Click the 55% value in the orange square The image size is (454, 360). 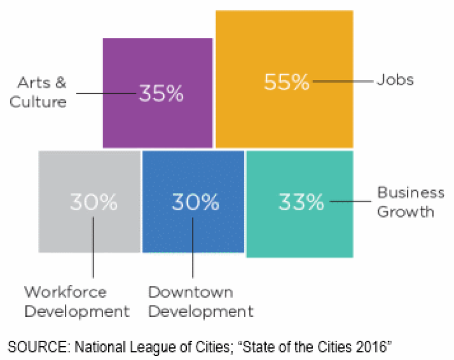coord(286,83)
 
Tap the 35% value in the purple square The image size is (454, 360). coord(162,94)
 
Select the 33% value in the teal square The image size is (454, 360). coord(301,203)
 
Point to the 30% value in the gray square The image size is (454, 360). coord(94,202)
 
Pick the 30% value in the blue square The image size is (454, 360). coord(195,202)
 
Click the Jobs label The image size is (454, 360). coord(395,80)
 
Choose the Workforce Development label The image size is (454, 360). coord(77,302)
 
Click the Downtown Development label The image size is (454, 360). coord(201,302)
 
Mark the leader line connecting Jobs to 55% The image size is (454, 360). coord(343,82)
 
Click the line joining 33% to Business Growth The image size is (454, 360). coord(349,203)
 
